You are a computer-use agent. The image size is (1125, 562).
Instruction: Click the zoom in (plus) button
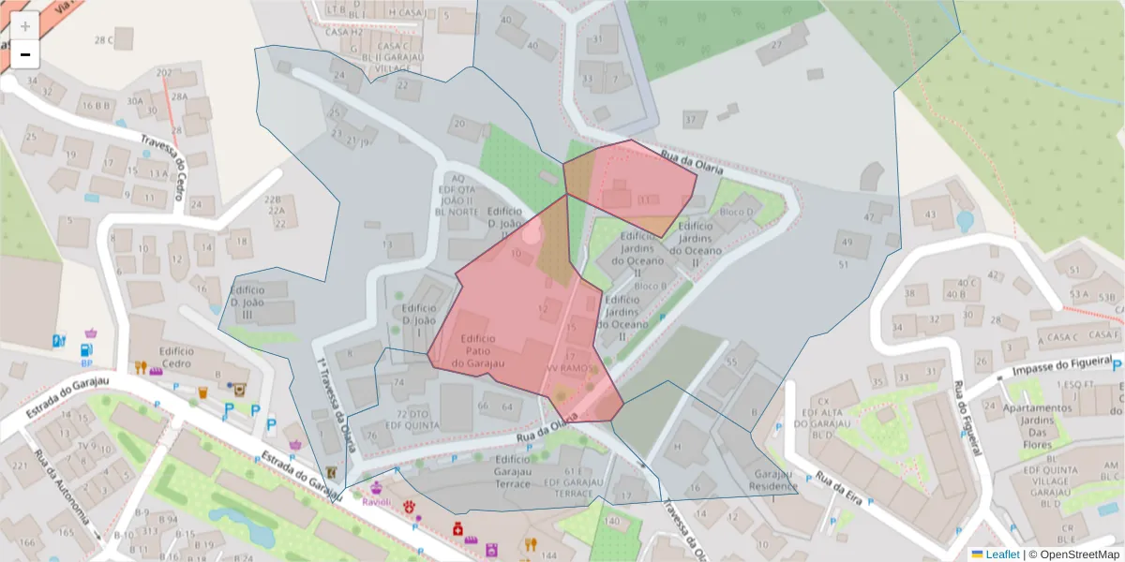click(25, 26)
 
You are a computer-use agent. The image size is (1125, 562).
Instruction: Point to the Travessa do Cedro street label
click(172, 158)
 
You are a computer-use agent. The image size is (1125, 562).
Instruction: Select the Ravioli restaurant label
click(378, 501)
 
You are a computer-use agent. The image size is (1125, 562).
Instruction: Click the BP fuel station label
click(86, 362)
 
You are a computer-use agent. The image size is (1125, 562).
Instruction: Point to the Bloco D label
click(736, 212)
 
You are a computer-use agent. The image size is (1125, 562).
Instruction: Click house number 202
click(164, 73)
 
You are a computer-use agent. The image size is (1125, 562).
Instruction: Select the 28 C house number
click(103, 40)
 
